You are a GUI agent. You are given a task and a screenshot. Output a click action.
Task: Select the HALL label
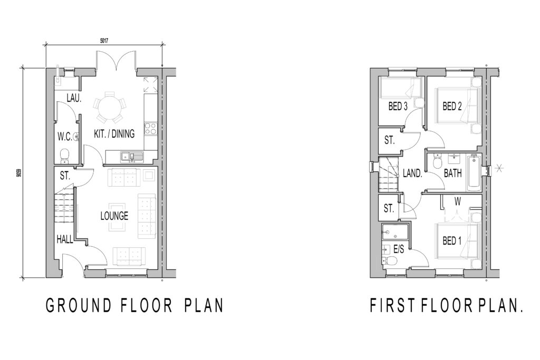[64, 239]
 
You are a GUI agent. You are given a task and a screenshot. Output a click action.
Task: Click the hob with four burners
[149, 128]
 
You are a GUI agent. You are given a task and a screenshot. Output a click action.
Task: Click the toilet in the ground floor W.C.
[64, 155]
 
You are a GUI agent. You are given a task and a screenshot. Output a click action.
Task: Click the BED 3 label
[398, 106]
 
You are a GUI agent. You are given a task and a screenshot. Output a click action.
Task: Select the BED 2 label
[452, 106]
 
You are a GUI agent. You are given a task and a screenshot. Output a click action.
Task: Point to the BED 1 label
[452, 241]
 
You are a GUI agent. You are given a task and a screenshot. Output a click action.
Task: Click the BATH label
[452, 172]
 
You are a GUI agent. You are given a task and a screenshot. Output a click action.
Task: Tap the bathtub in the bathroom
[473, 173]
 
